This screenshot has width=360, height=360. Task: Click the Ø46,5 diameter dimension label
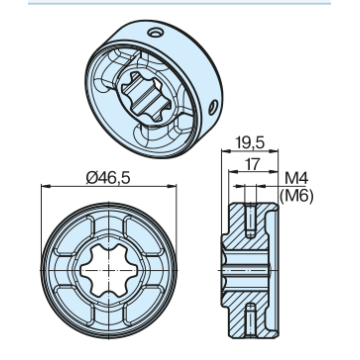(108, 178)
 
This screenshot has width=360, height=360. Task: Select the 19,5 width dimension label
(250, 143)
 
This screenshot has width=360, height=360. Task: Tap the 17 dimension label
(253, 164)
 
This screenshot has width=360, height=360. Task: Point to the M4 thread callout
(296, 179)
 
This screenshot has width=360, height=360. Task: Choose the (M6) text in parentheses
(296, 196)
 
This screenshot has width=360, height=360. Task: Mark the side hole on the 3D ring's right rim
(212, 108)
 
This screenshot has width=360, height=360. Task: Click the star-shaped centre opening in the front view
(109, 270)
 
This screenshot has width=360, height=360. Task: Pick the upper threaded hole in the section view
(250, 220)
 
